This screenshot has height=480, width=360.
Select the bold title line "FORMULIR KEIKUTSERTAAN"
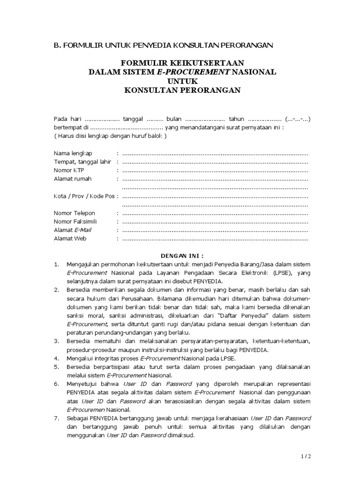tap(182, 63)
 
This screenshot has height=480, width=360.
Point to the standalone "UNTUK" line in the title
tap(182, 81)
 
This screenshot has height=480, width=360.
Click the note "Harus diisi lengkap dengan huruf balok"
tap(110, 136)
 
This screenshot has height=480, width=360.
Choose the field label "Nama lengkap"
tap(73, 153)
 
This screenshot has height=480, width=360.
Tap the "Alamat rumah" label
tap(73, 179)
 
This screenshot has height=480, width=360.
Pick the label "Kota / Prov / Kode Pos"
tap(84, 196)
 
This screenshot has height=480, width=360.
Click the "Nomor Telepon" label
tap(75, 213)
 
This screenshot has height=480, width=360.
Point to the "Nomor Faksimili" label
tap(76, 222)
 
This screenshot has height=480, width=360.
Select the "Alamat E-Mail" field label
tap(73, 230)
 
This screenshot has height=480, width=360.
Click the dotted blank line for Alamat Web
tap(215, 239)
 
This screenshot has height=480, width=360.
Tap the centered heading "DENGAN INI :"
tap(182, 256)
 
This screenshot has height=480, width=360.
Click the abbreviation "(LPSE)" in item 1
tap(280, 273)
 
